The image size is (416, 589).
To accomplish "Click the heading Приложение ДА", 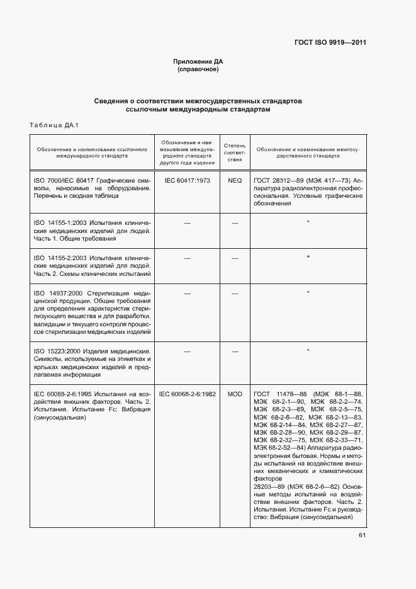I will [x=198, y=61].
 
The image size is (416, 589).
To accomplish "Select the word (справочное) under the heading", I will [x=198, y=69].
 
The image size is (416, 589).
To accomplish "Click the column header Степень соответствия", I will [x=234, y=152].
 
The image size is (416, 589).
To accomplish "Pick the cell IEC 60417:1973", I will [x=187, y=180].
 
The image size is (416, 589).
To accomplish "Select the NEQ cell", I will [x=234, y=180].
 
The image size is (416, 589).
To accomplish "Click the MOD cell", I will [x=234, y=394].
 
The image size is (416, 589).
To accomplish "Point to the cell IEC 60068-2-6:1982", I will [x=187, y=394].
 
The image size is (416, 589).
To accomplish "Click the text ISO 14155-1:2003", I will [x=61, y=223].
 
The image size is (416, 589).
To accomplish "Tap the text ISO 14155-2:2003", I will [x=61, y=258].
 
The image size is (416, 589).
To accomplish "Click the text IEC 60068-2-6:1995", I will [x=64, y=394].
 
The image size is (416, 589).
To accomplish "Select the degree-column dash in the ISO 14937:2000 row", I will [x=234, y=294].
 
